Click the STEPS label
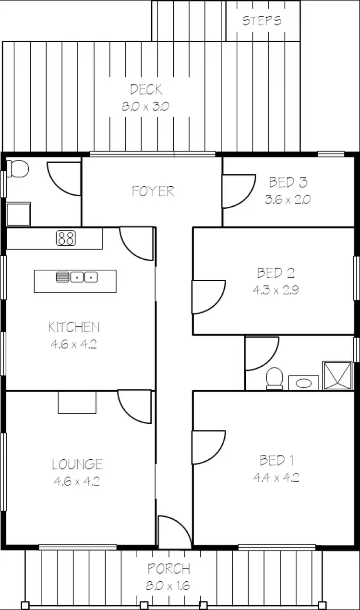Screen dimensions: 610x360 tap(262, 21)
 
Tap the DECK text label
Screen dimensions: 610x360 tap(146, 89)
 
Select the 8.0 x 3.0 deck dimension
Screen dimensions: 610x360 tap(145, 106)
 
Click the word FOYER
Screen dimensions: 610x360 tap(153, 191)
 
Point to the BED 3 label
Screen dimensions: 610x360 tap(288, 182)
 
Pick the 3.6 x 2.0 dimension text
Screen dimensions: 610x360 tap(288, 199)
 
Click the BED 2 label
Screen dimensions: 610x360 tap(276, 273)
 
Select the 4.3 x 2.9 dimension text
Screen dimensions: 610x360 tap(276, 290)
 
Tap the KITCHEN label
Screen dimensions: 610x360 tap(74, 327)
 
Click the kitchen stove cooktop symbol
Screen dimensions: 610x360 tap(66, 238)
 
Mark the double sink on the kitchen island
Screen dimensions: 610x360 tap(84, 277)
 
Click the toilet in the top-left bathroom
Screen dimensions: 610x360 tap(18, 168)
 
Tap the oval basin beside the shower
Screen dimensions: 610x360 tap(303, 383)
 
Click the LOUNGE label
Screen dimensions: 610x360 tap(77, 464)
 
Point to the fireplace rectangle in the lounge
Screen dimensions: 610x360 tap(77, 402)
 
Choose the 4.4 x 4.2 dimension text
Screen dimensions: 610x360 tap(276, 478)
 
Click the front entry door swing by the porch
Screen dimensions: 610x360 tap(174, 532)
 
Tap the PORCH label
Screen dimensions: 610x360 tap(168, 569)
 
